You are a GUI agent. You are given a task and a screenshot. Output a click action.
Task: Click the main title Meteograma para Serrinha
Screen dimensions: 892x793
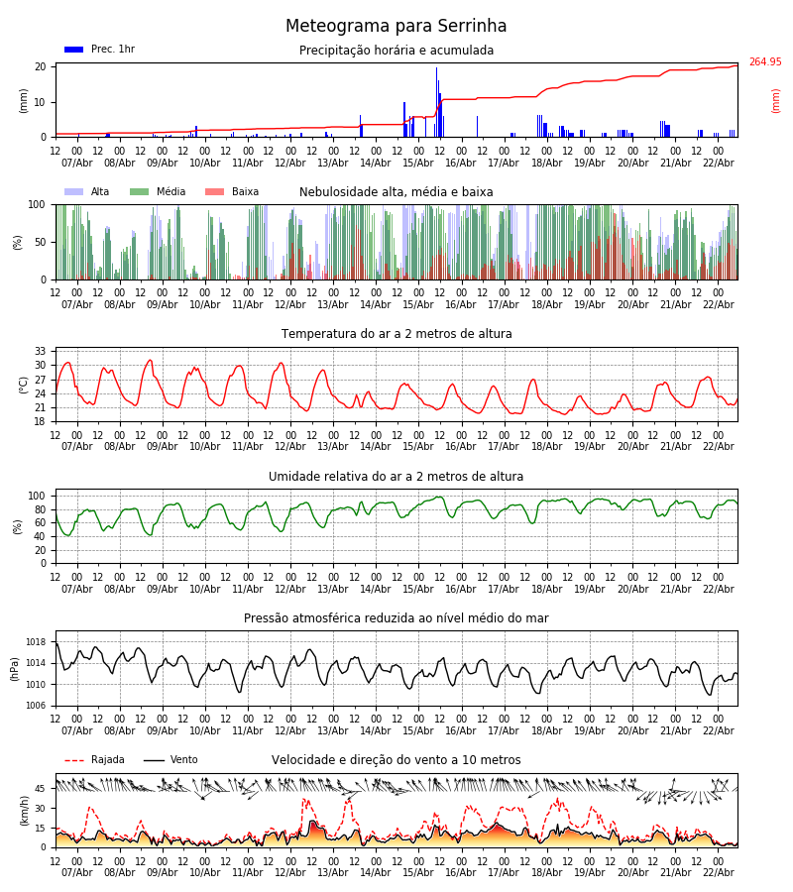coord(396,27)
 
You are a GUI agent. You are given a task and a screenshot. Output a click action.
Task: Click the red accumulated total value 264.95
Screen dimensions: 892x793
coord(764,62)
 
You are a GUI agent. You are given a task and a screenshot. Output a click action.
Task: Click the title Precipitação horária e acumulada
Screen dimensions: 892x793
coord(396,51)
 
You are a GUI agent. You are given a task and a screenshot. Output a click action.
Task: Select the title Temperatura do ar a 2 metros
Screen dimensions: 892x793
coord(396,334)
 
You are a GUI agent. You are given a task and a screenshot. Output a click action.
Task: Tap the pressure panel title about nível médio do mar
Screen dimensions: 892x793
coord(396,618)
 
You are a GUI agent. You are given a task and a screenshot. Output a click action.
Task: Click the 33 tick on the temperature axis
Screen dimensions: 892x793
coord(41,352)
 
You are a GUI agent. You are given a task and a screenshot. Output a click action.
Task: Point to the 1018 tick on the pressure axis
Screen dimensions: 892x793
coord(37,642)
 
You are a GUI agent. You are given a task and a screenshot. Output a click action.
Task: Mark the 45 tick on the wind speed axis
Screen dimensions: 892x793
coord(41,789)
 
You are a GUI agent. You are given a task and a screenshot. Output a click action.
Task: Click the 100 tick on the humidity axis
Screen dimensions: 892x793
coord(37,496)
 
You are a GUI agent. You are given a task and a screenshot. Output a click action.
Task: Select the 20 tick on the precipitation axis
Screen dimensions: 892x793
coord(41,67)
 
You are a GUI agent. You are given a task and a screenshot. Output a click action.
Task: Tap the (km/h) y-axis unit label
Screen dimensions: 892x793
coord(25,810)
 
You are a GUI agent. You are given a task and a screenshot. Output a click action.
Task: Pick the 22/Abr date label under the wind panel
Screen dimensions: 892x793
coord(719,873)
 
